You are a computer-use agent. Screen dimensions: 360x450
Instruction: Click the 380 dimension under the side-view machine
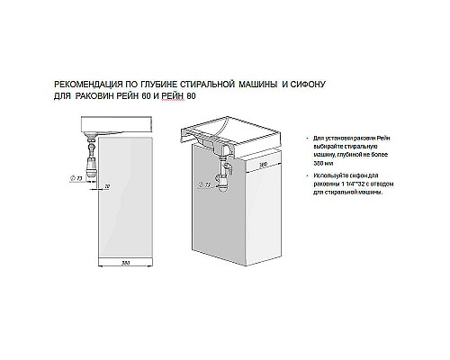127,262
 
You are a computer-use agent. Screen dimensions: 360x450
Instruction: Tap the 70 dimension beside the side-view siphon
107,185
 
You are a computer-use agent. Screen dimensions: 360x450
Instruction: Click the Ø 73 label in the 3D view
210,185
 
